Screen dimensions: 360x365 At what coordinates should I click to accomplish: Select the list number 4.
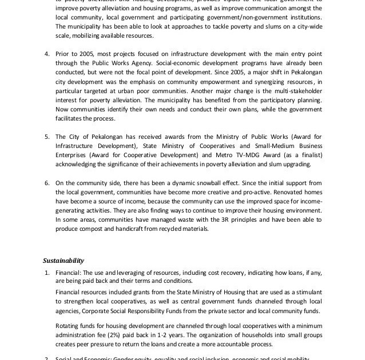point(47,54)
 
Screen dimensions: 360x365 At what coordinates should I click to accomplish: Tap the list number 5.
point(47,137)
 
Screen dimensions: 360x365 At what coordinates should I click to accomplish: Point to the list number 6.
point(47,183)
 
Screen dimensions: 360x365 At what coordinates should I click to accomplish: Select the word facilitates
point(74,118)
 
